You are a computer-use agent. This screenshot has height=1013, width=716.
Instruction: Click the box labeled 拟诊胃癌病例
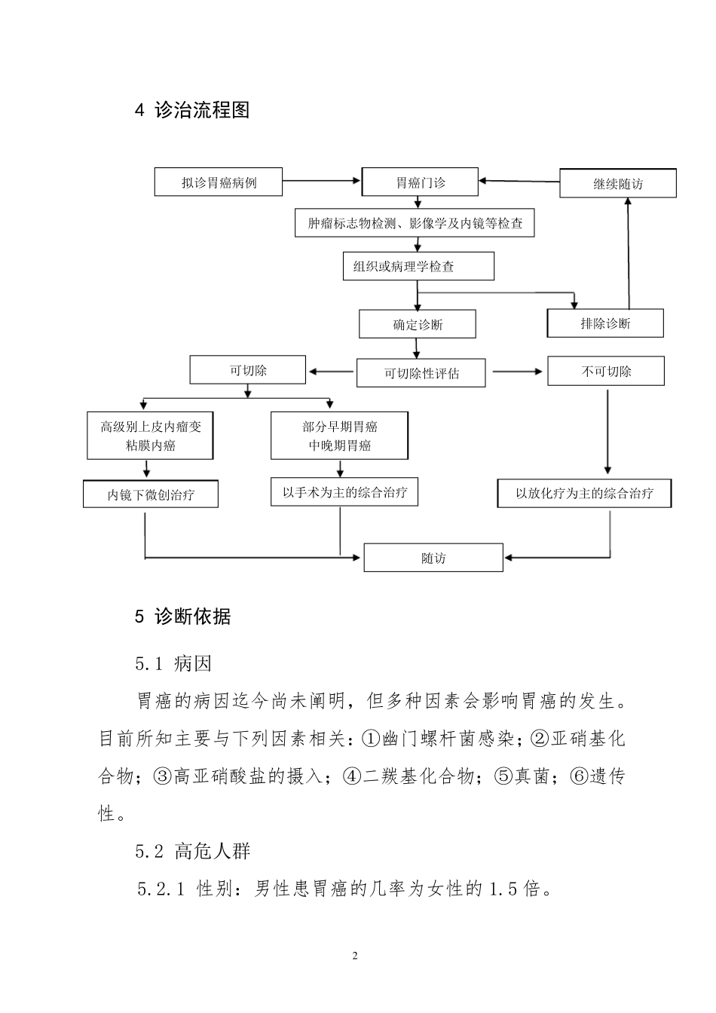(219, 182)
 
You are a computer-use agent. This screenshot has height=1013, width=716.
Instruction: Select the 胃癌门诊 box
(420, 182)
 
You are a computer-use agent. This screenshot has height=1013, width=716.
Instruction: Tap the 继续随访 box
(617, 184)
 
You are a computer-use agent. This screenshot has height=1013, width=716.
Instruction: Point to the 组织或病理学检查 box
(418, 266)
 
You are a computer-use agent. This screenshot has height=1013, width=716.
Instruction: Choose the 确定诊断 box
(418, 325)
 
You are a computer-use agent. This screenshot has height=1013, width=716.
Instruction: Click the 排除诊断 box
(605, 323)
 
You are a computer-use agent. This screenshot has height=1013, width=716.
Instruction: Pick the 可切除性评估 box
(421, 373)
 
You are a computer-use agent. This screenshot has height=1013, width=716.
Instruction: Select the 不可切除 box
(606, 371)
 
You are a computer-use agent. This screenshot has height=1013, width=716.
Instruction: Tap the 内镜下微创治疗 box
(151, 494)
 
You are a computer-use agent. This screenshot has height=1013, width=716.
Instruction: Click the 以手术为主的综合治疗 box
(344, 492)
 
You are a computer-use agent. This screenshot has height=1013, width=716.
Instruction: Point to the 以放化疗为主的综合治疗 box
(584, 494)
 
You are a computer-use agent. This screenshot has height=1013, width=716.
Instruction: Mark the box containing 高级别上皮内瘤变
(150, 436)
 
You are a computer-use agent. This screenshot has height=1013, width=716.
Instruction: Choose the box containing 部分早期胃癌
(339, 436)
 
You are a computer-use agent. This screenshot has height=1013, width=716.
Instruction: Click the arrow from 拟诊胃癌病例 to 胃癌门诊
(322, 181)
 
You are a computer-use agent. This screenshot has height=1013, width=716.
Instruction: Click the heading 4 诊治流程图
(192, 110)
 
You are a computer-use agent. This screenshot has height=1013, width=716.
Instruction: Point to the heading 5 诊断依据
(183, 617)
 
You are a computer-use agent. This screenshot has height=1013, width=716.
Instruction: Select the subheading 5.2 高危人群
(193, 851)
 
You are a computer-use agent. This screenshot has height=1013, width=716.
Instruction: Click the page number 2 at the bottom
(355, 956)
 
